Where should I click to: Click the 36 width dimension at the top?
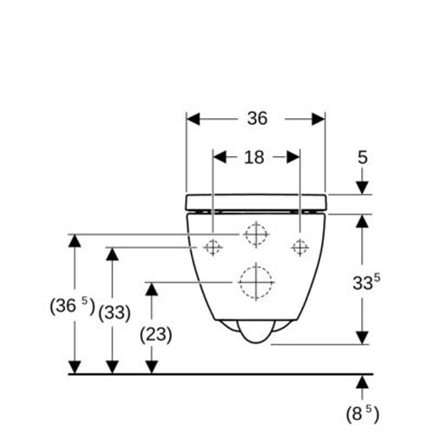pyautogui.click(x=257, y=118)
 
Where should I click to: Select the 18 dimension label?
pyautogui.click(x=254, y=158)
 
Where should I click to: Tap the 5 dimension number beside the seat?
pyautogui.click(x=363, y=158)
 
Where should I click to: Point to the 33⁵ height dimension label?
pyautogui.click(x=366, y=282)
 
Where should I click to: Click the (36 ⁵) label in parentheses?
pyautogui.click(x=72, y=306)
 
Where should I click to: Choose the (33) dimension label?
pyautogui.click(x=115, y=312)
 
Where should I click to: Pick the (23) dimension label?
pyautogui.click(x=155, y=335)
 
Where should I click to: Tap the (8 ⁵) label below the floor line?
pyautogui.click(x=363, y=413)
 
